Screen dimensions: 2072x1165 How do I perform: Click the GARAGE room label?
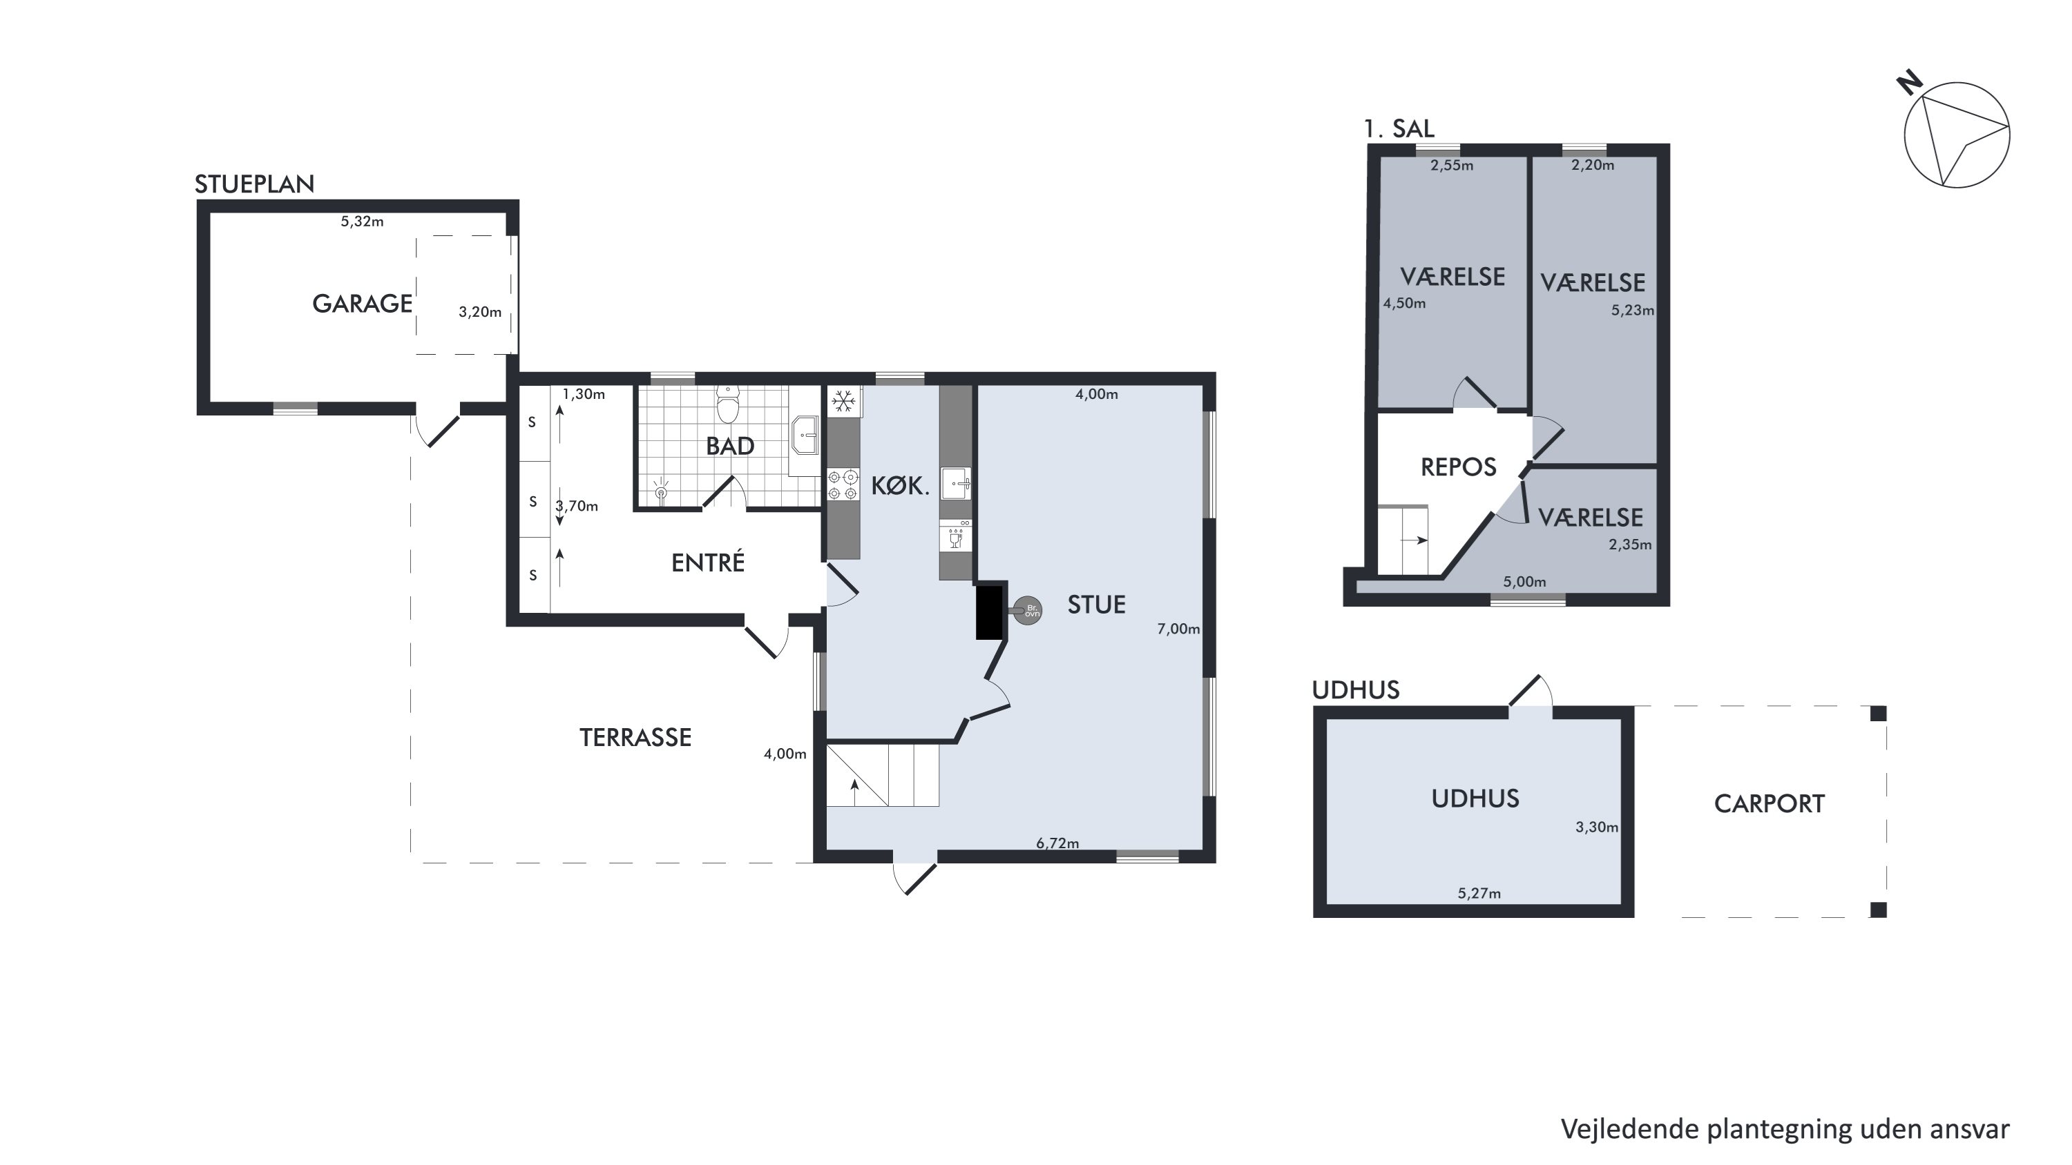click(362, 303)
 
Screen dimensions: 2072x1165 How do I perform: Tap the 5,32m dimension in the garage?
click(362, 221)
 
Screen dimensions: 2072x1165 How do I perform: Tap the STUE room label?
click(1096, 604)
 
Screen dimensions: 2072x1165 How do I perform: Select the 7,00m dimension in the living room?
click(1178, 629)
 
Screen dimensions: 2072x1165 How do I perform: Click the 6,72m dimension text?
click(1057, 843)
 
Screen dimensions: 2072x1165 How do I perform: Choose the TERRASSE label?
click(635, 737)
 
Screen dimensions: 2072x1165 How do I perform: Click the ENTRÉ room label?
click(708, 562)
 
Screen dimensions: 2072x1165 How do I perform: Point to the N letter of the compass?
click(1910, 84)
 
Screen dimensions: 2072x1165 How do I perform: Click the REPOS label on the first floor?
click(1458, 467)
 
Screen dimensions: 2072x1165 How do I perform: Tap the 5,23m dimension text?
click(1633, 311)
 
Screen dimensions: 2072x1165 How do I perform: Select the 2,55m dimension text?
click(1452, 166)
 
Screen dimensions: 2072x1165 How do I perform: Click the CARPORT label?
click(1769, 803)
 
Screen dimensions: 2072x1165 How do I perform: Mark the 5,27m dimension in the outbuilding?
click(1479, 892)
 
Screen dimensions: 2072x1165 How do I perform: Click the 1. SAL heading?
click(1399, 128)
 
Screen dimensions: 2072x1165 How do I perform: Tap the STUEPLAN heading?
click(254, 184)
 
